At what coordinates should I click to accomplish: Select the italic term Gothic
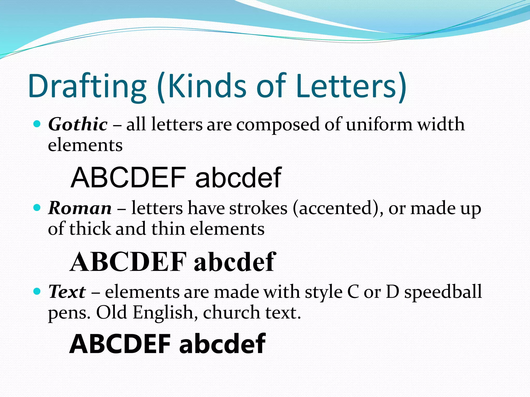78,124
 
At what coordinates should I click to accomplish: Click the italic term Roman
80,208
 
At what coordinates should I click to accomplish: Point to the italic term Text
67,292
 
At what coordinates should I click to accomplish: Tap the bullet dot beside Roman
37,208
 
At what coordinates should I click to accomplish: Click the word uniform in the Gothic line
379,124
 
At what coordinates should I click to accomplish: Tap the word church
231,312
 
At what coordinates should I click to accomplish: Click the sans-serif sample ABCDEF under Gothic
128,178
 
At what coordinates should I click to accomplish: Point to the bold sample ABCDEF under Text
120,344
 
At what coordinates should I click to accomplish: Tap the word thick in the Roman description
90,229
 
